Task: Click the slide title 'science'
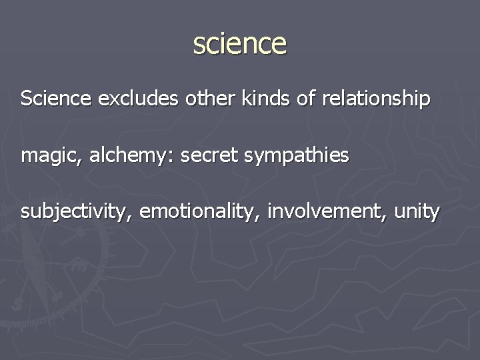[240, 44]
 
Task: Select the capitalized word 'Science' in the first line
[56, 99]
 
